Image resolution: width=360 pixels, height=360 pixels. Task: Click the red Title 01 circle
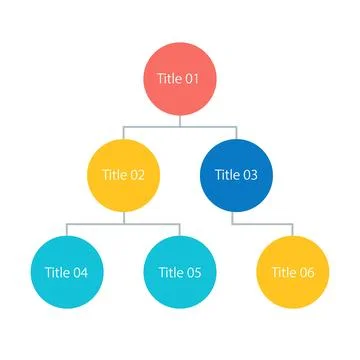[180, 79]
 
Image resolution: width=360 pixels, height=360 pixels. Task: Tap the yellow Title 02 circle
[124, 175]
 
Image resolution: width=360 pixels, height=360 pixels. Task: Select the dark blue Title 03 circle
[236, 175]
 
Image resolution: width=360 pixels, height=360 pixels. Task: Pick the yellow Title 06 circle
[292, 271]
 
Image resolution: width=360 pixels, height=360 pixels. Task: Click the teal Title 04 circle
[67, 271]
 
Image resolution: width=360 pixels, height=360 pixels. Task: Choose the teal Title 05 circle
[180, 271]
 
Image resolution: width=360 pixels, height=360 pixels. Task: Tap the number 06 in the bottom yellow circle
[308, 271]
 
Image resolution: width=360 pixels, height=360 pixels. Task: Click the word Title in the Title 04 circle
[57, 271]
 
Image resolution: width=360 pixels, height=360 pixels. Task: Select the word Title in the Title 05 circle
[170, 271]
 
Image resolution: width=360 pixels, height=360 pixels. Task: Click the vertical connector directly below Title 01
[180, 121]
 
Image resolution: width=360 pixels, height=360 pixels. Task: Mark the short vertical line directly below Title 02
[124, 217]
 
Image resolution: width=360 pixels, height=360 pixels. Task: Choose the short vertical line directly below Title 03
[236, 217]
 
